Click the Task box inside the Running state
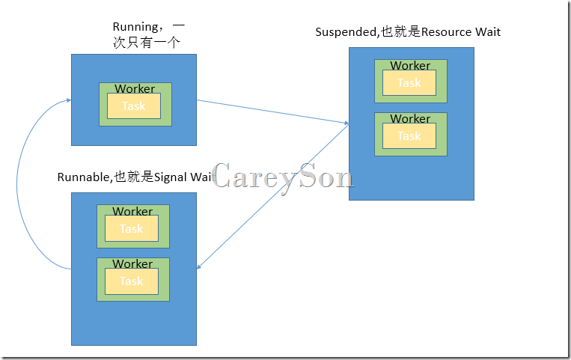(133, 106)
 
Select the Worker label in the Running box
(135, 89)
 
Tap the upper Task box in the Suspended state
(409, 83)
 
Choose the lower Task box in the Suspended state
(409, 136)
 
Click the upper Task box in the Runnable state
(132, 229)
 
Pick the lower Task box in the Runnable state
(132, 281)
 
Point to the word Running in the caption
(134, 28)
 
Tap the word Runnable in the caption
(84, 177)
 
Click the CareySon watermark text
(282, 177)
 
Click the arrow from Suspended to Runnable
(272, 196)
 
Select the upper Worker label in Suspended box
(410, 66)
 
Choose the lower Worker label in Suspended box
(410, 119)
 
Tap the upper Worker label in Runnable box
(132, 212)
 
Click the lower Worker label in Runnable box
(132, 264)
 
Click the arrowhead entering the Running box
(68, 100)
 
